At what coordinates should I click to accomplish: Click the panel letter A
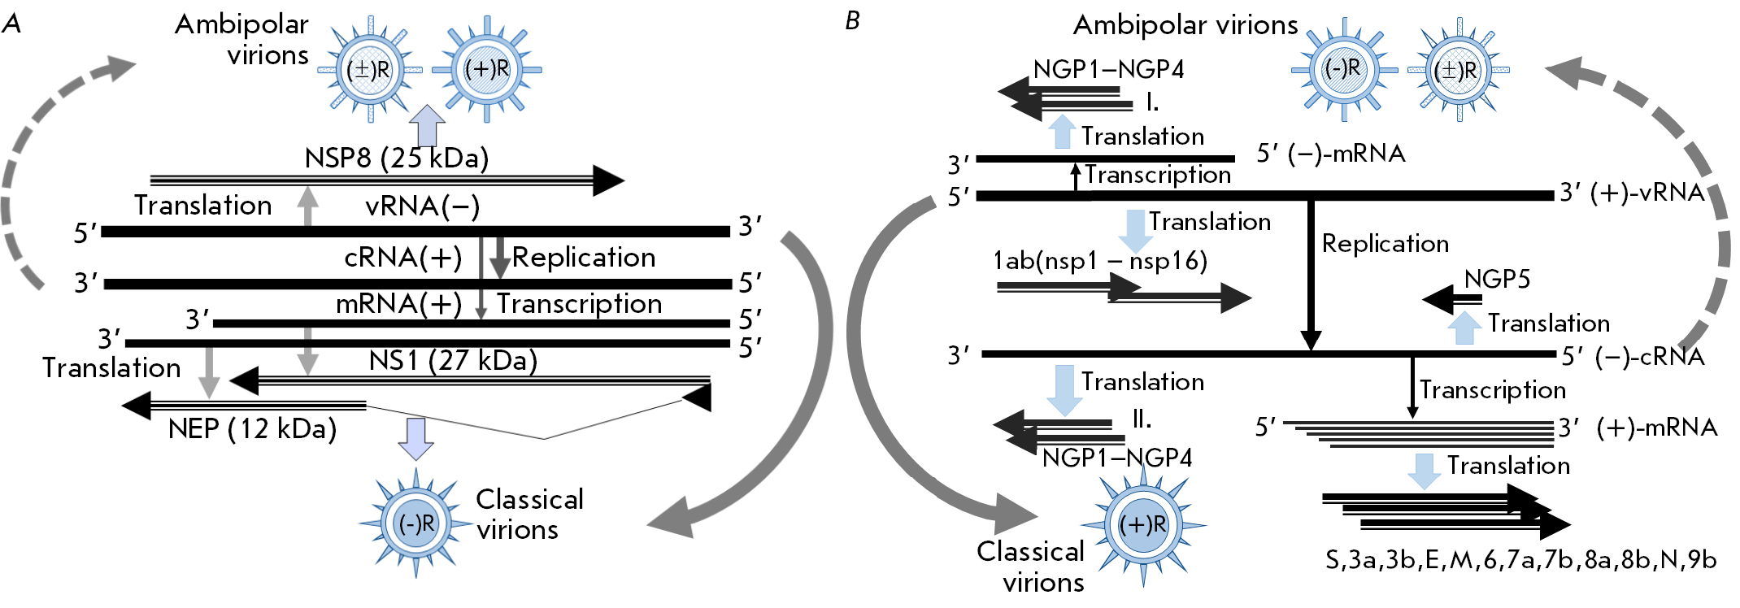[x=11, y=23]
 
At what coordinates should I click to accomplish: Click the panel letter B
[x=852, y=21]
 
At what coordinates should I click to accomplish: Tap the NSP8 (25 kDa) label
[x=397, y=158]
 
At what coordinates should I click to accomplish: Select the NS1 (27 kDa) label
[x=453, y=359]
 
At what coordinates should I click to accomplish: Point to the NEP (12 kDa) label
[x=252, y=428]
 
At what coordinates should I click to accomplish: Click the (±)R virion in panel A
[x=369, y=69]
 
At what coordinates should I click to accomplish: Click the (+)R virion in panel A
[x=486, y=68]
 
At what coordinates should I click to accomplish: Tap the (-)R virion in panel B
[x=1343, y=69]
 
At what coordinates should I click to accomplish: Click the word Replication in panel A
[x=584, y=258]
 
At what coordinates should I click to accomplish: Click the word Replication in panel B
[x=1385, y=244]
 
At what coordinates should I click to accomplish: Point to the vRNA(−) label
[x=422, y=206]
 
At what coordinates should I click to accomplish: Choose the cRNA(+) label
[x=402, y=258]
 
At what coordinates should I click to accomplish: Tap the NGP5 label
[x=1497, y=280]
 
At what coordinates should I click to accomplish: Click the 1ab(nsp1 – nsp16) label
[x=1100, y=261]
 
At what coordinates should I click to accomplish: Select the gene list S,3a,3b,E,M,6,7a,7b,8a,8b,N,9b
[x=1520, y=560]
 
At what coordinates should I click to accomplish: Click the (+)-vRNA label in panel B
[x=1632, y=193]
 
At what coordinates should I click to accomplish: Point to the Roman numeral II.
[x=1142, y=419]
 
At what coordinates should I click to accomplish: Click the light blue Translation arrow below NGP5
[x=1464, y=328]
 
